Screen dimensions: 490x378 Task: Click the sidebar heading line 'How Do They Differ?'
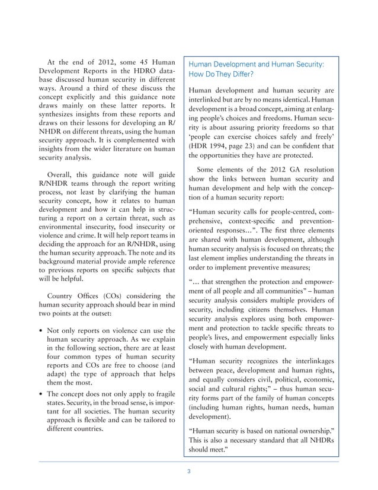point(222,75)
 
